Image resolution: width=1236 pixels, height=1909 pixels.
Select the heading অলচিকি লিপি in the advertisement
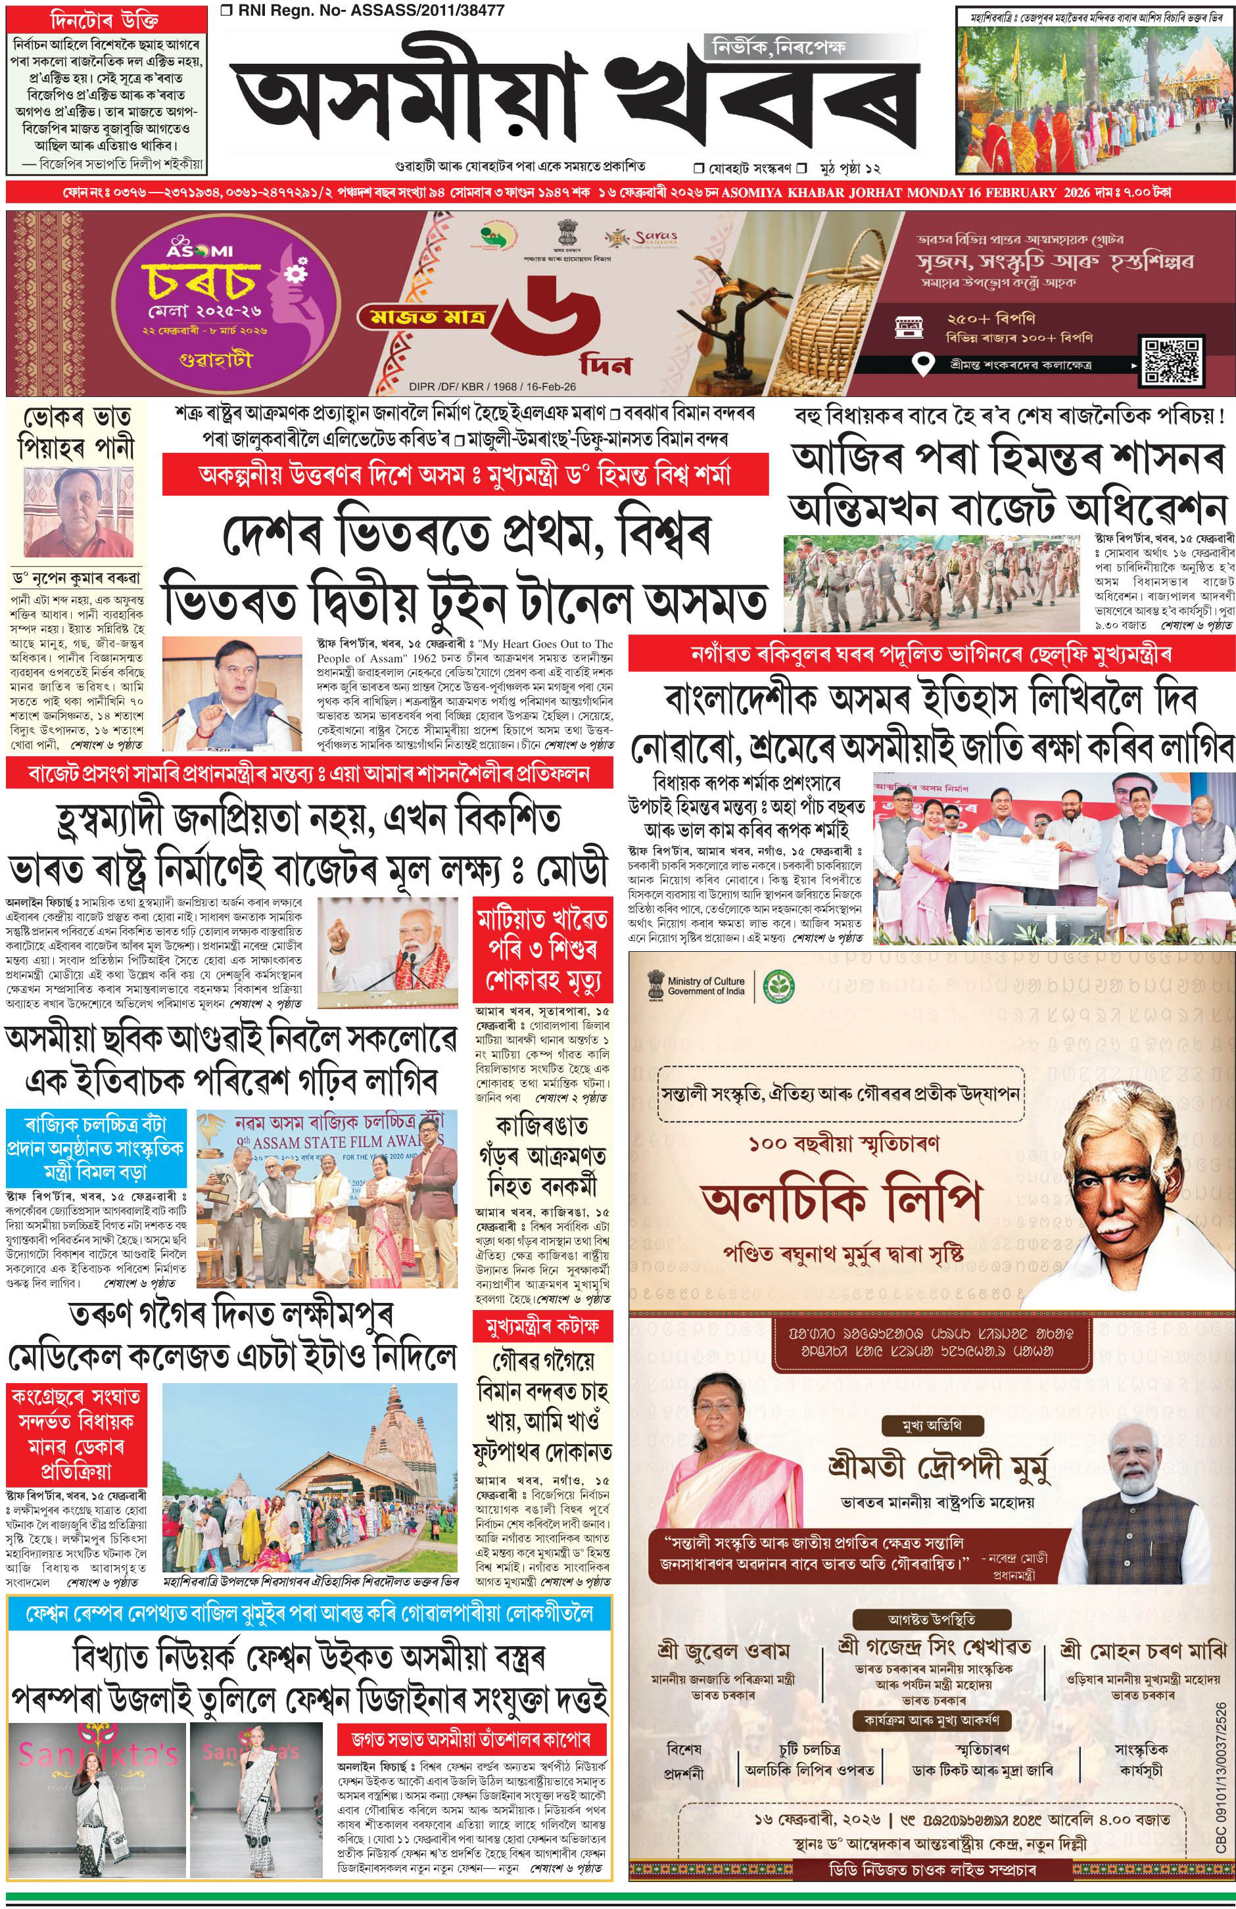tap(843, 1201)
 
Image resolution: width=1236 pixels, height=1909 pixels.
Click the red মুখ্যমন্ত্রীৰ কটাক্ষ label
tap(540, 1327)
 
